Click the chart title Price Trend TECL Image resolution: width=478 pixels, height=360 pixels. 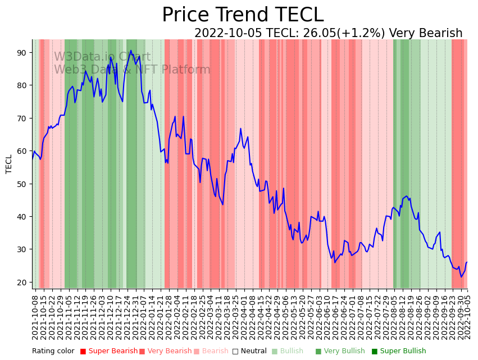243,15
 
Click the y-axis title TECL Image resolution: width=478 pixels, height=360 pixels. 9,163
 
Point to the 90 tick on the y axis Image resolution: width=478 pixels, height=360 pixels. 23,52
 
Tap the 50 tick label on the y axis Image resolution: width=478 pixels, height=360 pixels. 23,184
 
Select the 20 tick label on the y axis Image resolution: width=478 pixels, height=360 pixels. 23,282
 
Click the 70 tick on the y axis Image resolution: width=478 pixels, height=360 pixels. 23,118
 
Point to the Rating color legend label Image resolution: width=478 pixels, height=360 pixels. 53,351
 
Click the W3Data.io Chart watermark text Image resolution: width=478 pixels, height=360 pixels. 102,57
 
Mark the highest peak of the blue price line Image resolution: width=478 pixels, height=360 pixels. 131,51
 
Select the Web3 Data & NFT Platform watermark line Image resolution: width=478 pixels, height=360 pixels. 132,70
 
